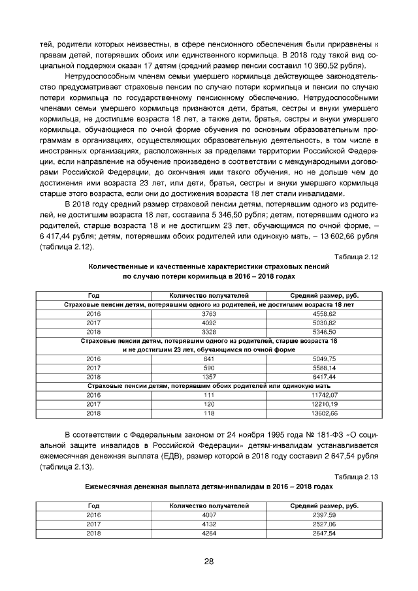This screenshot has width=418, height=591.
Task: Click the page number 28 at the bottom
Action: [209, 561]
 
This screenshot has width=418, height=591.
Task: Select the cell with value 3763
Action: [209, 313]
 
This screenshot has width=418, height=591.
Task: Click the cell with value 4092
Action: [209, 323]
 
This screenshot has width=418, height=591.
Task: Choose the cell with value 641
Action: [209, 359]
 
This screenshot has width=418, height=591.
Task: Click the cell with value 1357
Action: [209, 377]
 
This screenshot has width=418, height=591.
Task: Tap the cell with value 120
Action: [209, 404]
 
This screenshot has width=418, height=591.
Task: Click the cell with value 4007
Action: [209, 515]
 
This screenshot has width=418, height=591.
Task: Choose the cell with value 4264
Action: [209, 533]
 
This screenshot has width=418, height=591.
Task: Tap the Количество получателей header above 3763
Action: [209, 296]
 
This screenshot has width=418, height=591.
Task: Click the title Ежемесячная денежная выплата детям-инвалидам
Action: [209, 488]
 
